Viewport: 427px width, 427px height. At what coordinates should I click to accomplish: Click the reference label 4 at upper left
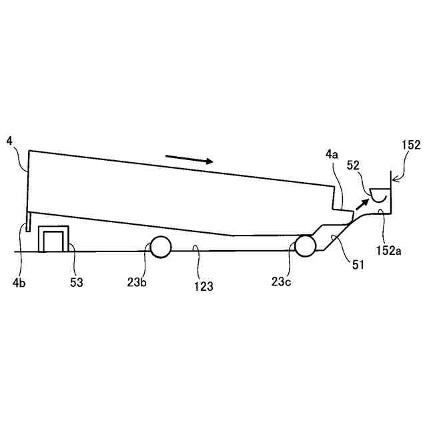(x=9, y=141)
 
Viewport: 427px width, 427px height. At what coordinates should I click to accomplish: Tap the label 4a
(x=332, y=155)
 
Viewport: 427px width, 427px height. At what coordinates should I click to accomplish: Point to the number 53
(x=76, y=282)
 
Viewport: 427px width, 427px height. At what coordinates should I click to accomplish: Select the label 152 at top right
(x=412, y=145)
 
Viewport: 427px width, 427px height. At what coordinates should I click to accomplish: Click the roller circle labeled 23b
(x=161, y=247)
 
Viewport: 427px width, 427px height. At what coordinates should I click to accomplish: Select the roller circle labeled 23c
(x=306, y=246)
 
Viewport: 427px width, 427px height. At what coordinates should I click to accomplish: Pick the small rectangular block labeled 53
(x=53, y=239)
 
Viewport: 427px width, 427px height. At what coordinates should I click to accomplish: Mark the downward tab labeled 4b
(x=28, y=223)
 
